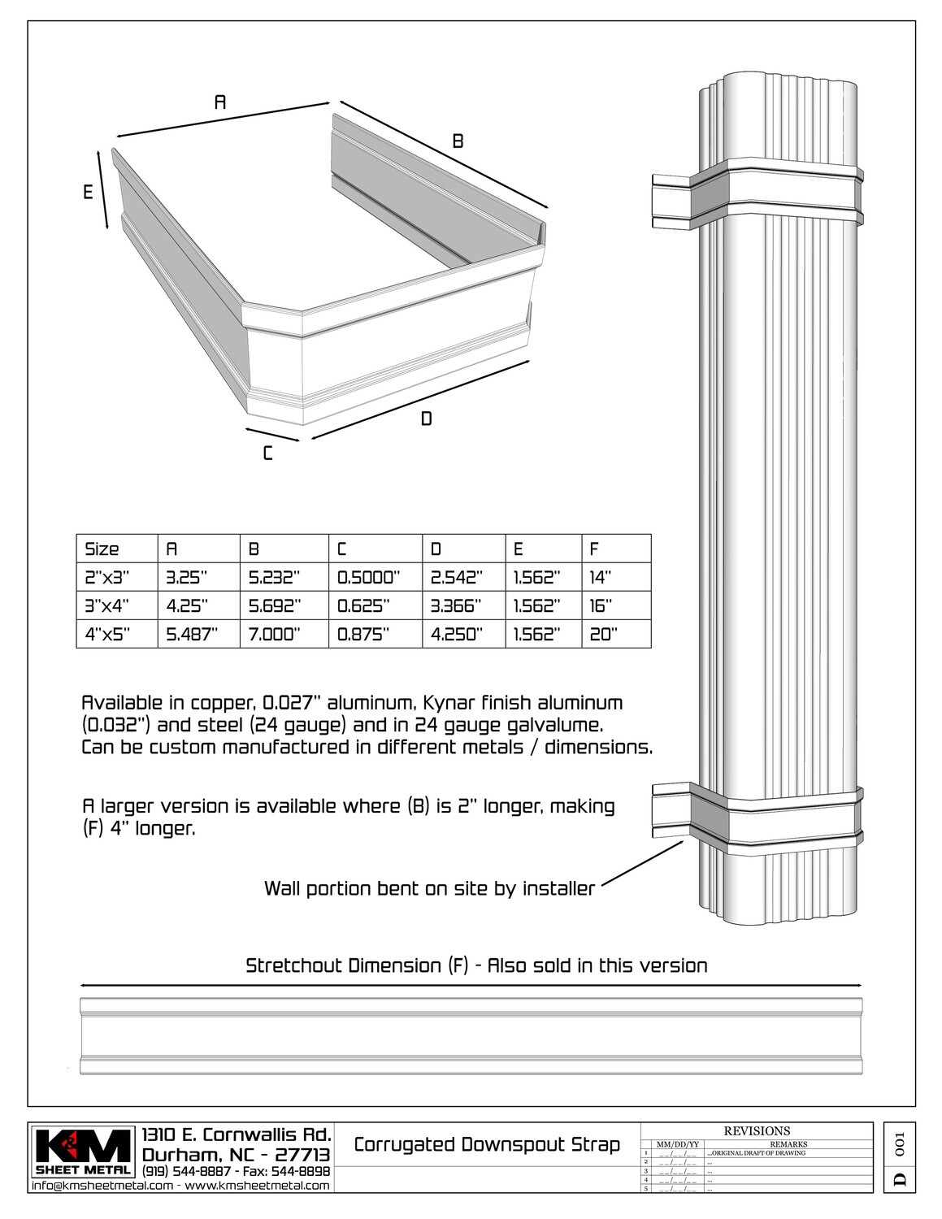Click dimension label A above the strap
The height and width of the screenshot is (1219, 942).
(219, 102)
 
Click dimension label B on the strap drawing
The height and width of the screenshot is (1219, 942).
(458, 141)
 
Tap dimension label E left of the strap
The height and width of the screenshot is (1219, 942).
(88, 193)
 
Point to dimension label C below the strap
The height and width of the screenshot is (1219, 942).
(267, 453)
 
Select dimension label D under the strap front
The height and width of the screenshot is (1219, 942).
(426, 419)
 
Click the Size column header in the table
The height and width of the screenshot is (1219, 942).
(102, 549)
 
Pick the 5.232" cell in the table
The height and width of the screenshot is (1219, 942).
(275, 578)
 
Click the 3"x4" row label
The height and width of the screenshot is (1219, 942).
(107, 606)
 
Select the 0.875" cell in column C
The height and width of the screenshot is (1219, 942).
(363, 635)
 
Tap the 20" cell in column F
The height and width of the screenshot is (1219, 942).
(603, 635)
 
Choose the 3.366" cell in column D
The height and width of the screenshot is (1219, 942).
(457, 606)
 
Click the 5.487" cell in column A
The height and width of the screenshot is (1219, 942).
(192, 635)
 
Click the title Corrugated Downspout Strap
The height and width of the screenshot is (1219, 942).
(487, 1145)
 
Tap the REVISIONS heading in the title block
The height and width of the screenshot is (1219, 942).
(756, 1130)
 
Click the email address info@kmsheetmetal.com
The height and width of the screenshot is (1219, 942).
(102, 1186)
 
